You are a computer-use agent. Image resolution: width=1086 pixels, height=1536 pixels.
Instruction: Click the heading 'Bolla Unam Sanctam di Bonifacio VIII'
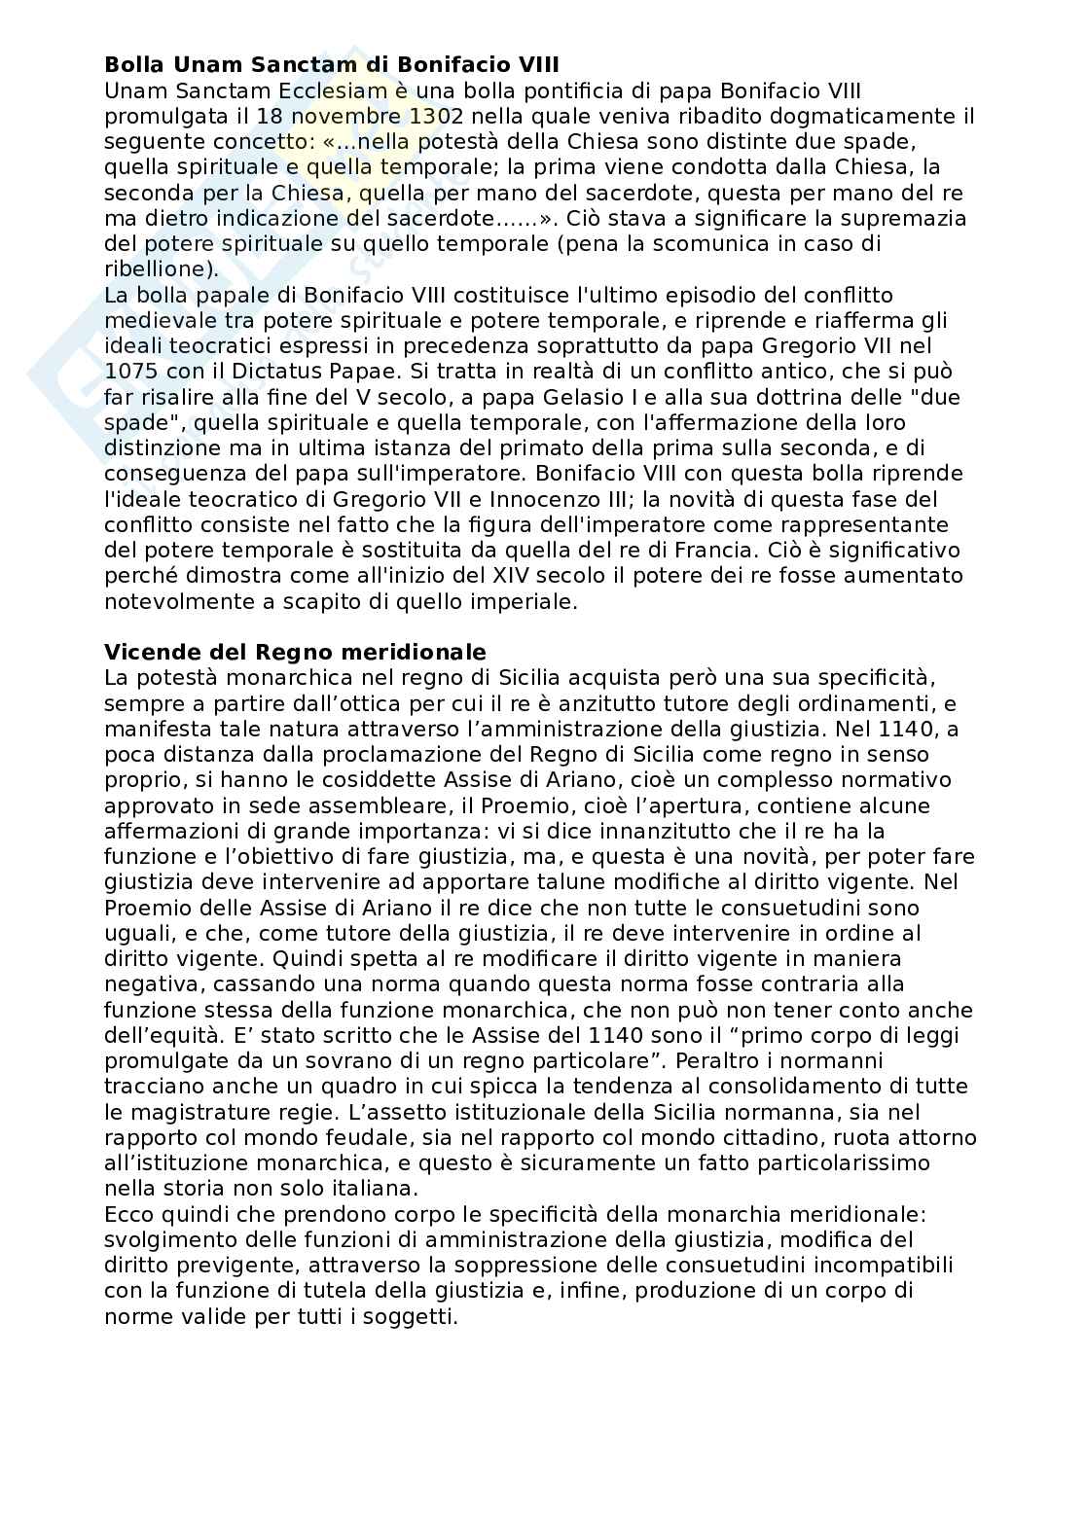(x=331, y=66)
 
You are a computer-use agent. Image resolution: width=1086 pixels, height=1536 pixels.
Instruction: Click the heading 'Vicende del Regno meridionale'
(x=295, y=651)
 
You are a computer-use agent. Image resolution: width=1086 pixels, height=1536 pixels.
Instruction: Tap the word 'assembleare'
(x=324, y=805)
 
